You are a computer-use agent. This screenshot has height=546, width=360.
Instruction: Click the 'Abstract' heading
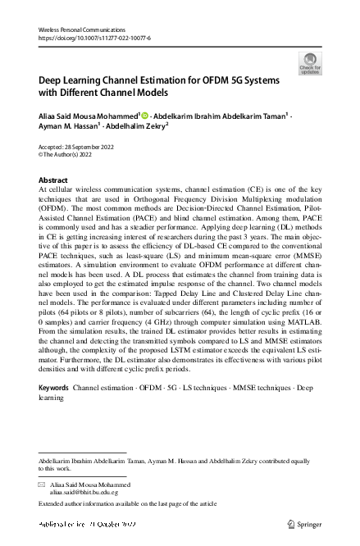click(53, 180)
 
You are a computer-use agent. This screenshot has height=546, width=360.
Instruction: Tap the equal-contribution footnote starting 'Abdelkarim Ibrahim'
click(164, 462)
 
